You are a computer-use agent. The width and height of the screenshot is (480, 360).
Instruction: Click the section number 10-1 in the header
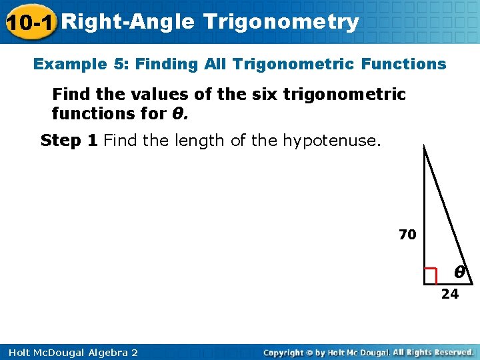[x=30, y=23]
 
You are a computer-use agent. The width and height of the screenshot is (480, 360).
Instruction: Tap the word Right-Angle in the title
[x=130, y=23]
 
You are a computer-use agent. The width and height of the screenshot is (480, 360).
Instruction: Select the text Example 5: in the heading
[x=81, y=65]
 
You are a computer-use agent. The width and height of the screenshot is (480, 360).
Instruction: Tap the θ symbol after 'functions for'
[x=178, y=114]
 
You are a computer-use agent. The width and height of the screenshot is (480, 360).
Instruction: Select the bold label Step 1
[x=69, y=141]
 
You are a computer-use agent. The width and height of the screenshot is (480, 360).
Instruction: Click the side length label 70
[x=407, y=235]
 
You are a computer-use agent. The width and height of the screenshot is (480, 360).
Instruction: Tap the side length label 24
[x=450, y=294]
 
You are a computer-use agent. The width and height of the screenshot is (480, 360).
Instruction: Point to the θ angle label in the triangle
[x=459, y=272]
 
